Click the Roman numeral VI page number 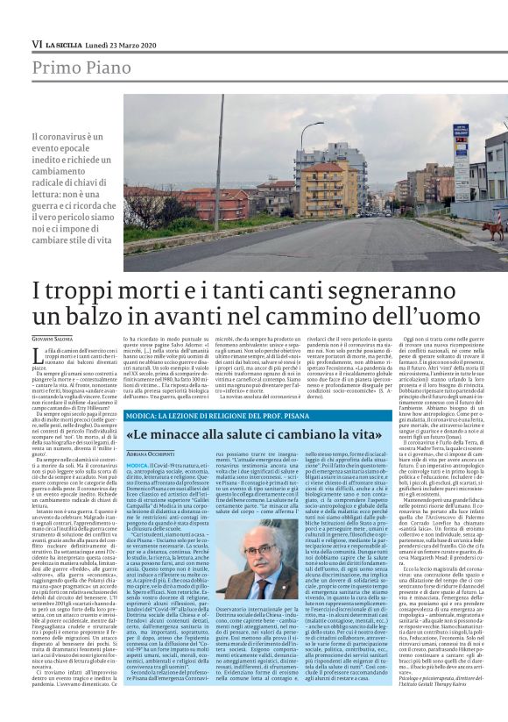point(37,44)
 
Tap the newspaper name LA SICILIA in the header point(64,44)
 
